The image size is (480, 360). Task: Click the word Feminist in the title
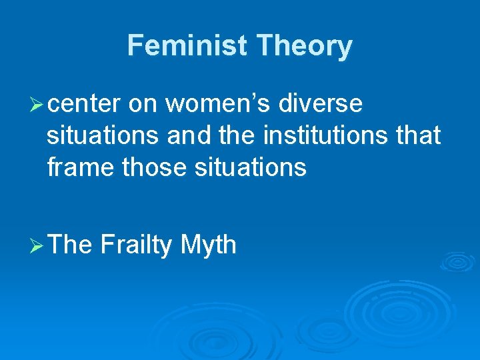[188, 46]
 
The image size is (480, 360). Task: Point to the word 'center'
[84, 104]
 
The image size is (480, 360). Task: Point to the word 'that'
[418, 136]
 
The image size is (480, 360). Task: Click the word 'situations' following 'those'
[250, 168]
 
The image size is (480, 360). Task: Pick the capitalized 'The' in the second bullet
[70, 245]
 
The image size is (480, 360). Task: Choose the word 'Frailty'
[136, 245]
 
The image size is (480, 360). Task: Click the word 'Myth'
[208, 245]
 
